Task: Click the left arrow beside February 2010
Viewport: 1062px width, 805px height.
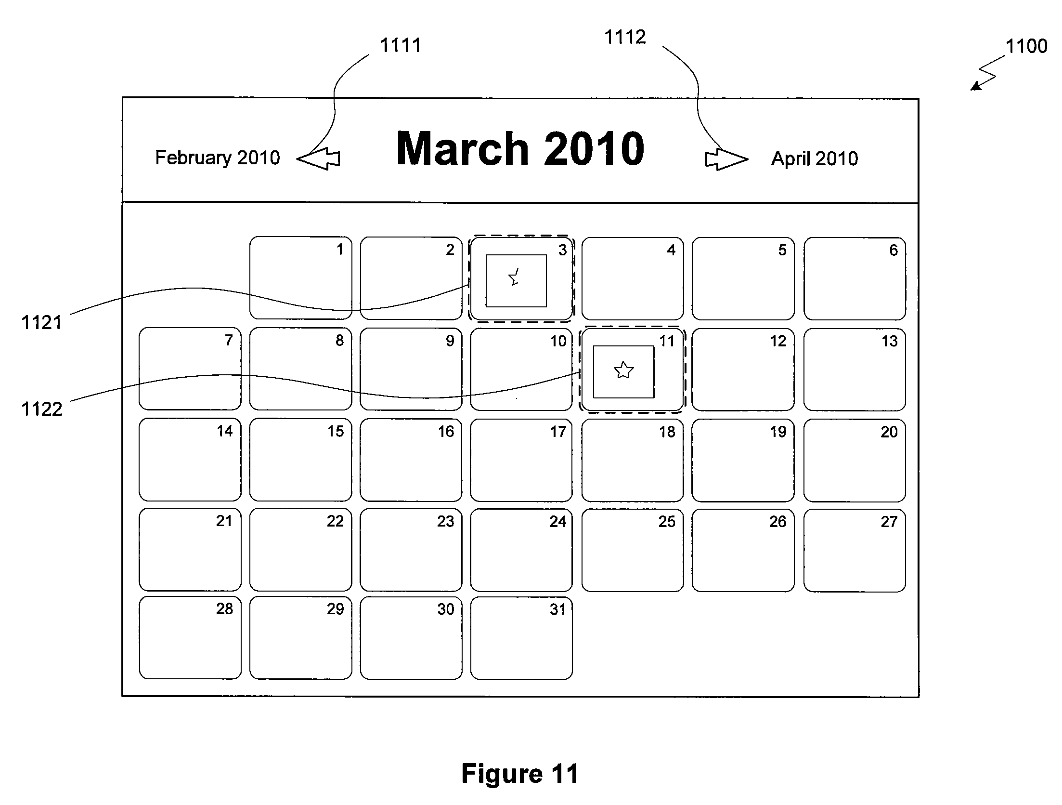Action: pos(318,158)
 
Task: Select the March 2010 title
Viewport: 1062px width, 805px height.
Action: pos(520,148)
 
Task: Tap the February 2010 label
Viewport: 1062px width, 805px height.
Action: pos(217,158)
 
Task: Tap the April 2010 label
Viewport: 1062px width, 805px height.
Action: pos(815,158)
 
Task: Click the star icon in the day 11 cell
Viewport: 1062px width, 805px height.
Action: pos(623,370)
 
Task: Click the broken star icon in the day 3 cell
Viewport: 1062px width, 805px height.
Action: pos(514,277)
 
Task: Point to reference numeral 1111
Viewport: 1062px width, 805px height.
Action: pos(401,45)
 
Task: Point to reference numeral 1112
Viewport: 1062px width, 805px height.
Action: pos(625,37)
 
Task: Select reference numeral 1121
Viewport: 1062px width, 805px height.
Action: pos(42,323)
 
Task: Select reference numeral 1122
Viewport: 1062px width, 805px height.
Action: pos(42,409)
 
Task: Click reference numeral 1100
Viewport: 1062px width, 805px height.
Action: pos(1026,46)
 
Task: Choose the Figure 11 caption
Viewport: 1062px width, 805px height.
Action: pos(520,774)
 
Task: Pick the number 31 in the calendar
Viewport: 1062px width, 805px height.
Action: pos(558,609)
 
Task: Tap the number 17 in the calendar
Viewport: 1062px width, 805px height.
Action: pos(558,432)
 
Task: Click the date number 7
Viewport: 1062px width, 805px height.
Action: pos(229,341)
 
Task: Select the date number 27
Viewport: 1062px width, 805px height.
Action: pos(889,522)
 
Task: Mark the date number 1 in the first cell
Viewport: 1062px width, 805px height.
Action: pos(340,250)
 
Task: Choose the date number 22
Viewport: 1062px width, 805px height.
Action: pos(335,521)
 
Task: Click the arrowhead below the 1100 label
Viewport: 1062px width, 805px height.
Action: pos(974,86)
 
